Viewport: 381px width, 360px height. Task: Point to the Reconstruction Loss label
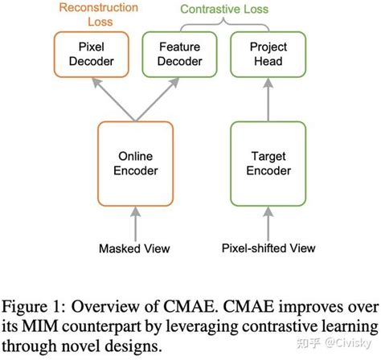(x=91, y=15)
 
